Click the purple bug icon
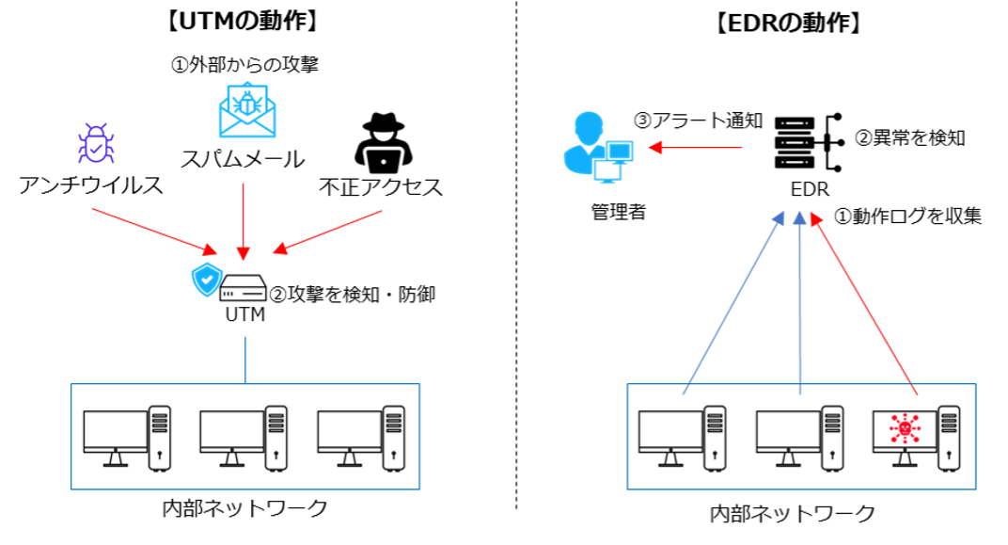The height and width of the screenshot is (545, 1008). pos(97,144)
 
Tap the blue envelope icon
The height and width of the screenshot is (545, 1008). pos(247,111)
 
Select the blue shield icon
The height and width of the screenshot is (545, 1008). pos(207,280)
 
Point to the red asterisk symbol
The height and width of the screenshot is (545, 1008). pos(905,428)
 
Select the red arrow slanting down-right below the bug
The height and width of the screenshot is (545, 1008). pos(155,231)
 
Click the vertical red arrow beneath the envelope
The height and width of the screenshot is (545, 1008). pos(244,221)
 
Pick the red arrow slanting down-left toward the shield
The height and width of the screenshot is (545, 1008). pos(327,232)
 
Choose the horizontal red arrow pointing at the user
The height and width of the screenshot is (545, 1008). pos(695,148)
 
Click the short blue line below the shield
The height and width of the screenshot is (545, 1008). pos(245,360)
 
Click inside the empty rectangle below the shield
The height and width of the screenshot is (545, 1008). pos(245,437)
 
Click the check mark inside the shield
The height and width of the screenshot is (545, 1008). pos(207,280)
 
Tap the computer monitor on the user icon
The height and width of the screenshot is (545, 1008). pos(620,150)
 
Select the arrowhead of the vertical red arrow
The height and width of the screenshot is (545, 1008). pos(244,254)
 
